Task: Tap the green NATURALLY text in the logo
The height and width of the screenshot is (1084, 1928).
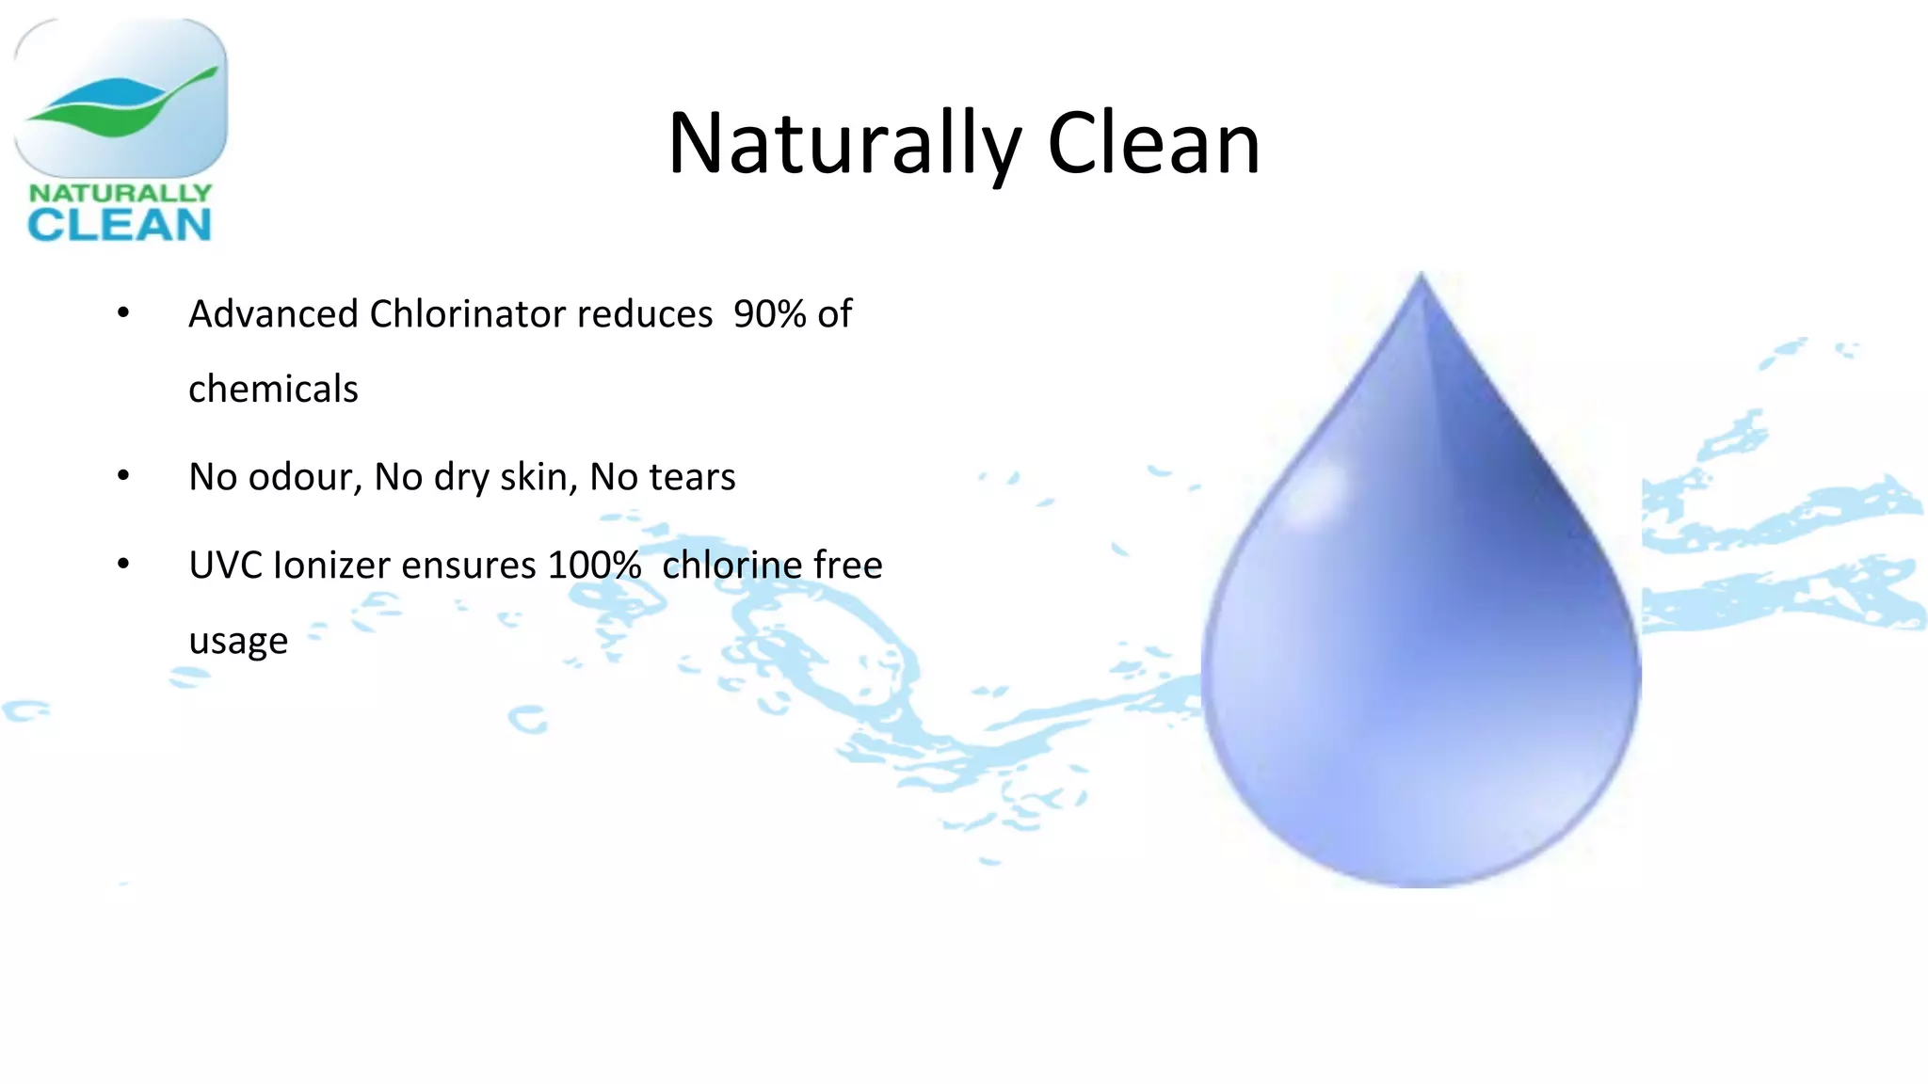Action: pos(120,193)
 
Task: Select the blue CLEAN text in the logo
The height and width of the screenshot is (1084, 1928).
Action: pos(120,225)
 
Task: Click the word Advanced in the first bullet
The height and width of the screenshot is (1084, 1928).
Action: pos(273,314)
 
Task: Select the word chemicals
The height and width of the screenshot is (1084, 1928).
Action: pos(273,390)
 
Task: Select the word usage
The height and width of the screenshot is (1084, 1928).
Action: pos(238,642)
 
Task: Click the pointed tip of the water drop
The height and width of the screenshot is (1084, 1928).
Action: pos(1421,277)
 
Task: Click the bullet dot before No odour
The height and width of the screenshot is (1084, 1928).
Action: pos(123,476)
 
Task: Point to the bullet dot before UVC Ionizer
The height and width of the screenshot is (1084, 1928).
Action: pos(123,565)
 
